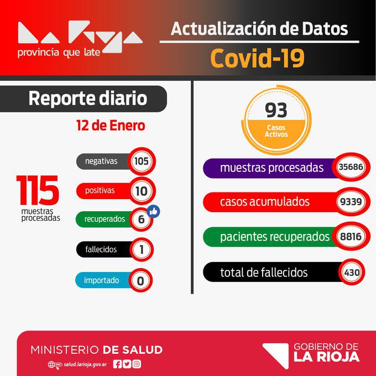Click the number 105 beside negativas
coord(142,161)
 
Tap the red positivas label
coord(100,190)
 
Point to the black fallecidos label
coord(101,249)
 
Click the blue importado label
coord(101,280)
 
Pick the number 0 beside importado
coord(140,281)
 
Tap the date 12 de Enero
coord(111,126)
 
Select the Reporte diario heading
coord(88,99)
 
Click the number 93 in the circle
coord(276,111)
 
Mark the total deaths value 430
coord(352,272)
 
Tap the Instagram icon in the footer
coord(137,364)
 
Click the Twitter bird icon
coord(127,364)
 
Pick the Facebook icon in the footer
coord(117,364)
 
